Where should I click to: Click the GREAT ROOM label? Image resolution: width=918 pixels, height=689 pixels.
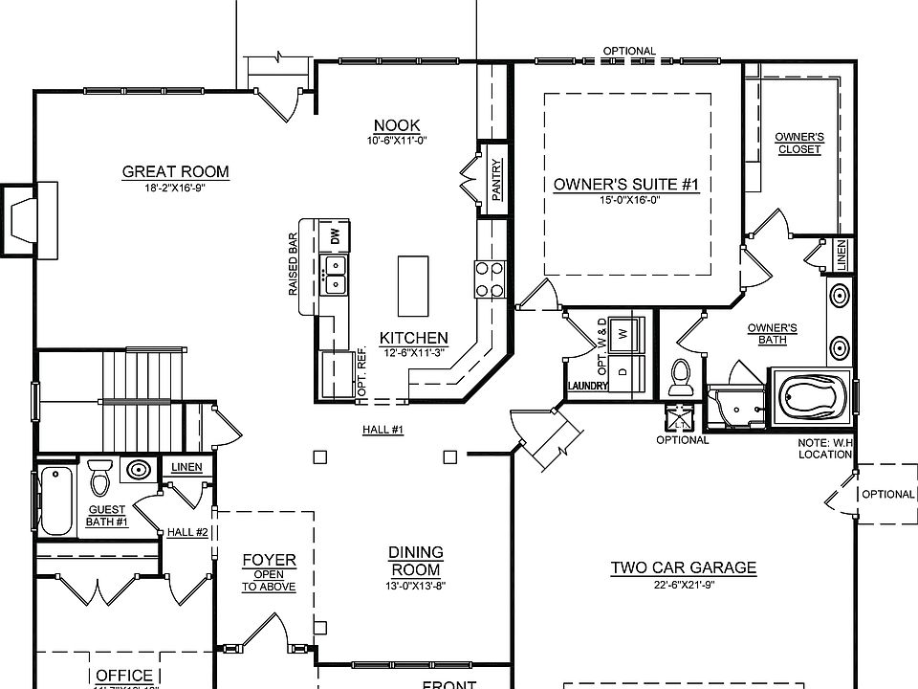coord(175,172)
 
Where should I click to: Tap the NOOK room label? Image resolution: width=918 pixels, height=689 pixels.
coord(397,126)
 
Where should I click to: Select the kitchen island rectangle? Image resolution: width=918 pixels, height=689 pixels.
coord(414,284)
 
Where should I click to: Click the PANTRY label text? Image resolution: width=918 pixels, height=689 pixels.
coord(497,179)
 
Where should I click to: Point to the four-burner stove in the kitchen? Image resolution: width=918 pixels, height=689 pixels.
coord(490,279)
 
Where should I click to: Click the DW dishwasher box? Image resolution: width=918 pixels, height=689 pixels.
coord(335,235)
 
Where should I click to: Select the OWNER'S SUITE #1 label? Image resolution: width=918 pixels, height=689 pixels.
coord(626,185)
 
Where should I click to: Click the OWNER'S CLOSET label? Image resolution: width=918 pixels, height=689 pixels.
coord(799,143)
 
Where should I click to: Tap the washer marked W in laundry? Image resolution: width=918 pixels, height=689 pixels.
coord(623,334)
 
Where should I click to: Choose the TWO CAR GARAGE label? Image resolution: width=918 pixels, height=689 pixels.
coord(683,567)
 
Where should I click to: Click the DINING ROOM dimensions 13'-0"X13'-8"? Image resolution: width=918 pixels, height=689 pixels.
coord(415,585)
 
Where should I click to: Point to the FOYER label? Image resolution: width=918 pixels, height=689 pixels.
coord(269,560)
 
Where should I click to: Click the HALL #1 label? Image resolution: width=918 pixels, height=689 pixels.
coord(382,430)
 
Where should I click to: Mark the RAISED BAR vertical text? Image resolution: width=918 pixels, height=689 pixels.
coord(294,263)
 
